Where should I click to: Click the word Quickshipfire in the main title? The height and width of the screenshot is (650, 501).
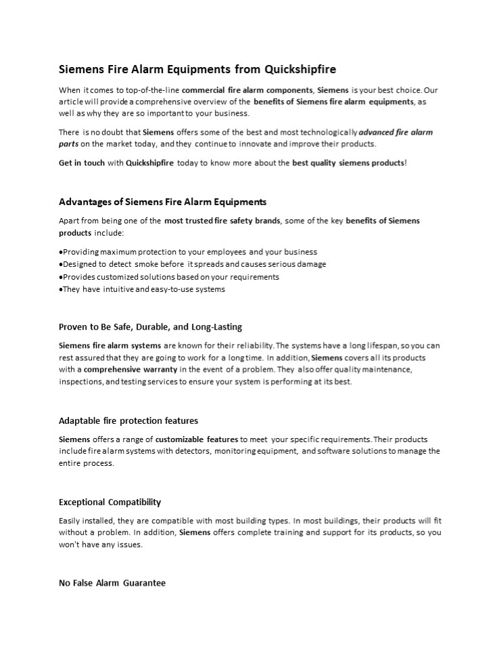point(300,69)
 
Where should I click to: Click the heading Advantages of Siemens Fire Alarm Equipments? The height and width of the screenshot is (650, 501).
point(162,202)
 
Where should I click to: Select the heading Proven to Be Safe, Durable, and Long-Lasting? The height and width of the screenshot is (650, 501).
point(150,326)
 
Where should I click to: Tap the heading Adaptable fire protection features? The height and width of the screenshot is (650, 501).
point(128,420)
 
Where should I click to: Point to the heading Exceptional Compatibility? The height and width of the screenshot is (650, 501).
point(110,502)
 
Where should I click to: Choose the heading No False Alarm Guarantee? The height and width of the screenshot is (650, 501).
point(112,582)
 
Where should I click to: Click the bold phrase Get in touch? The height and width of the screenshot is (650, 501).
point(81,163)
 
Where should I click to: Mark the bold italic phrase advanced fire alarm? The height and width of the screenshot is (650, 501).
point(396,132)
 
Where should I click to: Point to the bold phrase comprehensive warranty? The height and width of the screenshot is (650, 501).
point(127,370)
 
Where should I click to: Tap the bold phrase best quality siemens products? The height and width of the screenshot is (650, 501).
point(348,163)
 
